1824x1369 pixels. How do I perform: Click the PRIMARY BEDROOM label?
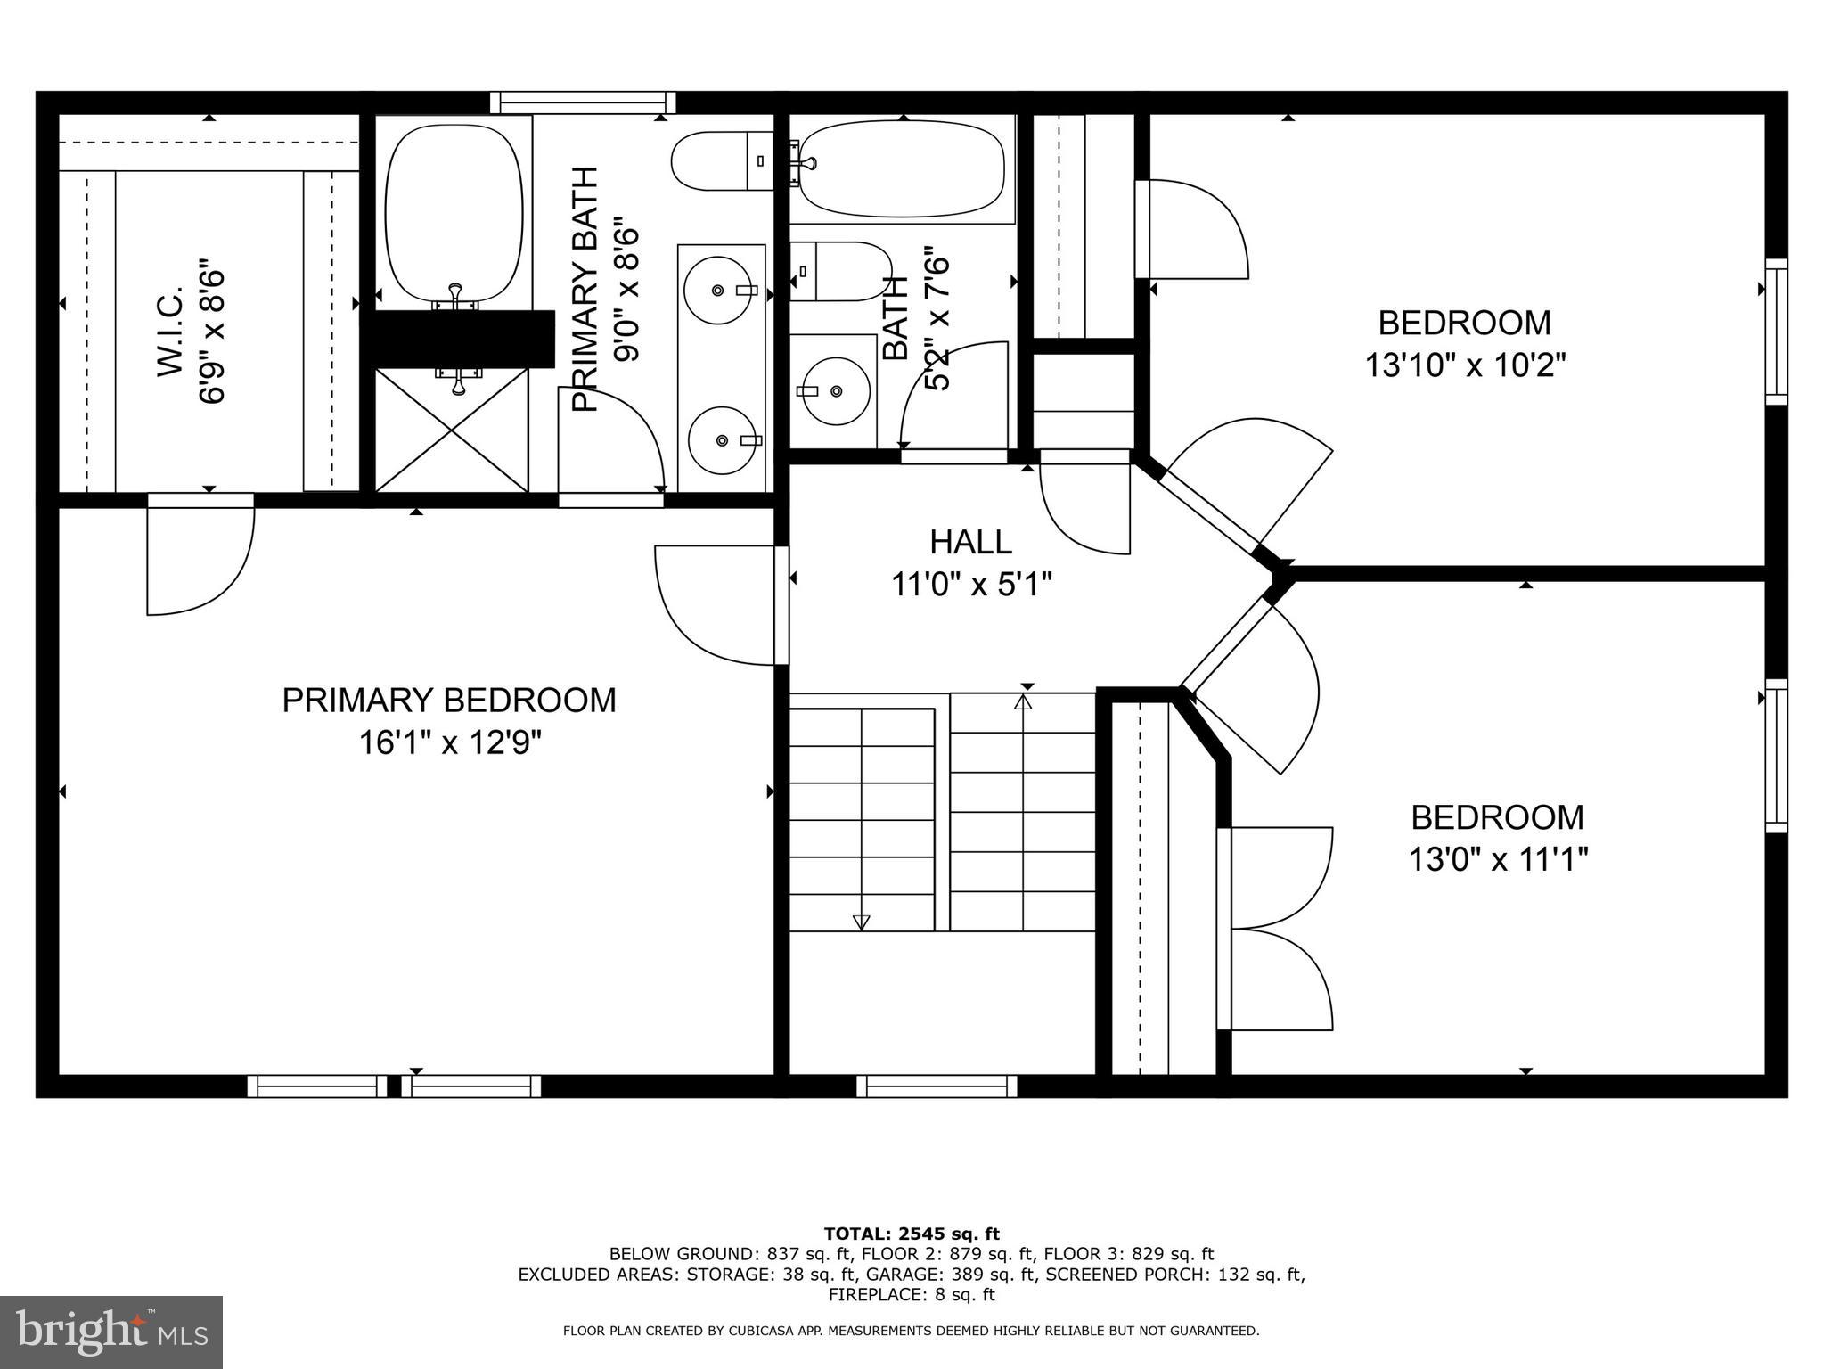[448, 701]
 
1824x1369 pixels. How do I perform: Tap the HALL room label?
[970, 542]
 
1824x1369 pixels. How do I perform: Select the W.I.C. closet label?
[169, 332]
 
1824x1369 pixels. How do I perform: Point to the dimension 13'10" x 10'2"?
[1465, 365]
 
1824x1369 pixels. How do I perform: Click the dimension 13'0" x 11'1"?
[1498, 860]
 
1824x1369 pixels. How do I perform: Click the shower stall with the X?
[452, 430]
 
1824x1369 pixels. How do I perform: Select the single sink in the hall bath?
[834, 391]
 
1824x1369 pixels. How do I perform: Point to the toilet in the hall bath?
[838, 271]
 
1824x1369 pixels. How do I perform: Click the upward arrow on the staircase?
[1023, 702]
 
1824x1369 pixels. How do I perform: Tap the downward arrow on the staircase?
[861, 922]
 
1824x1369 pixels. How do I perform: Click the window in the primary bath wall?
[583, 102]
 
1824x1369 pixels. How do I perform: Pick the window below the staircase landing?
[937, 1086]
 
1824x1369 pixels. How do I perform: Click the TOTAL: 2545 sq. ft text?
[912, 1234]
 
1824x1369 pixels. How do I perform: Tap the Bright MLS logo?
[111, 1332]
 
